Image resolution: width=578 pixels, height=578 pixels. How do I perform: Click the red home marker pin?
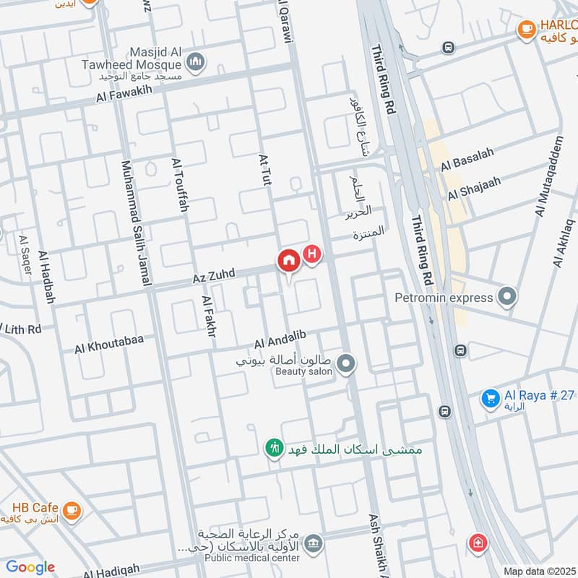288,261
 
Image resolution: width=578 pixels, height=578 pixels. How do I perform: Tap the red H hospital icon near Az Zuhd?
312,254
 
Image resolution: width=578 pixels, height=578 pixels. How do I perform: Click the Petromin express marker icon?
508,297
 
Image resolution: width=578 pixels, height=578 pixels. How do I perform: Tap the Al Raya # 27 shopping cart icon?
491,397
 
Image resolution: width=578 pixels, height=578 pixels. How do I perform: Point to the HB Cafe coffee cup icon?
71,511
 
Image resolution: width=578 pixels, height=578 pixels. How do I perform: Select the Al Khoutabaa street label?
109,344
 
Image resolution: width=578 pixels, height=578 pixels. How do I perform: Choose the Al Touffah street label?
180,186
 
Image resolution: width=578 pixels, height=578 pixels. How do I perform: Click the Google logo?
30,567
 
